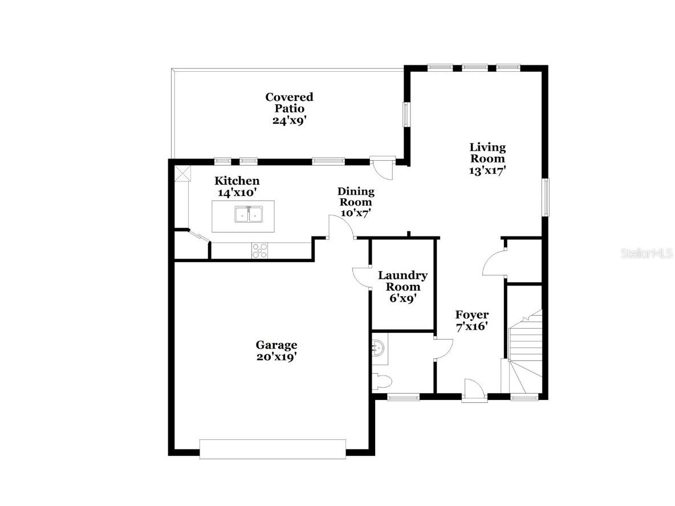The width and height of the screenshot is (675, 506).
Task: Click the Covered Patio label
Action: click(x=289, y=103)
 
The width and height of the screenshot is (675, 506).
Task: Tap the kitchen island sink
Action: click(x=248, y=215)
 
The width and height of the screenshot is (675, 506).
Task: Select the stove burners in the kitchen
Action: click(x=260, y=250)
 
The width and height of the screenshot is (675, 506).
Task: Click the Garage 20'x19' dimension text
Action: click(x=276, y=357)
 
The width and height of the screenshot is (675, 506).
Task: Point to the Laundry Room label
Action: click(x=402, y=281)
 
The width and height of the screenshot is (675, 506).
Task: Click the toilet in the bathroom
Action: click(x=381, y=381)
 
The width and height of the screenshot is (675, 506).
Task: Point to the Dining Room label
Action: click(x=356, y=197)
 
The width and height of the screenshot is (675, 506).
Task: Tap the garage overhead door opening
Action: click(x=273, y=448)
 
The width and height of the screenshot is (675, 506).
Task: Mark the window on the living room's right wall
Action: click(x=546, y=197)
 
